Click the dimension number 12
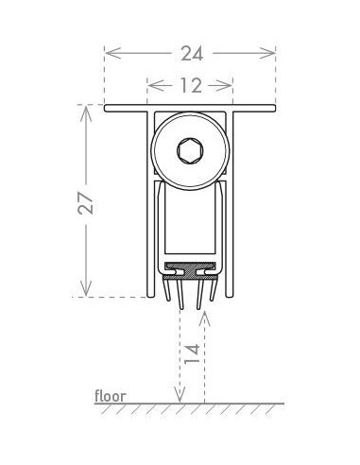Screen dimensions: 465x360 pyautogui.click(x=189, y=86)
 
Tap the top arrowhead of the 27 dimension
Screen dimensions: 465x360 pyautogui.click(x=86, y=111)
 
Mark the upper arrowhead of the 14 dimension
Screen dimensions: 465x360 pyautogui.click(x=205, y=314)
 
